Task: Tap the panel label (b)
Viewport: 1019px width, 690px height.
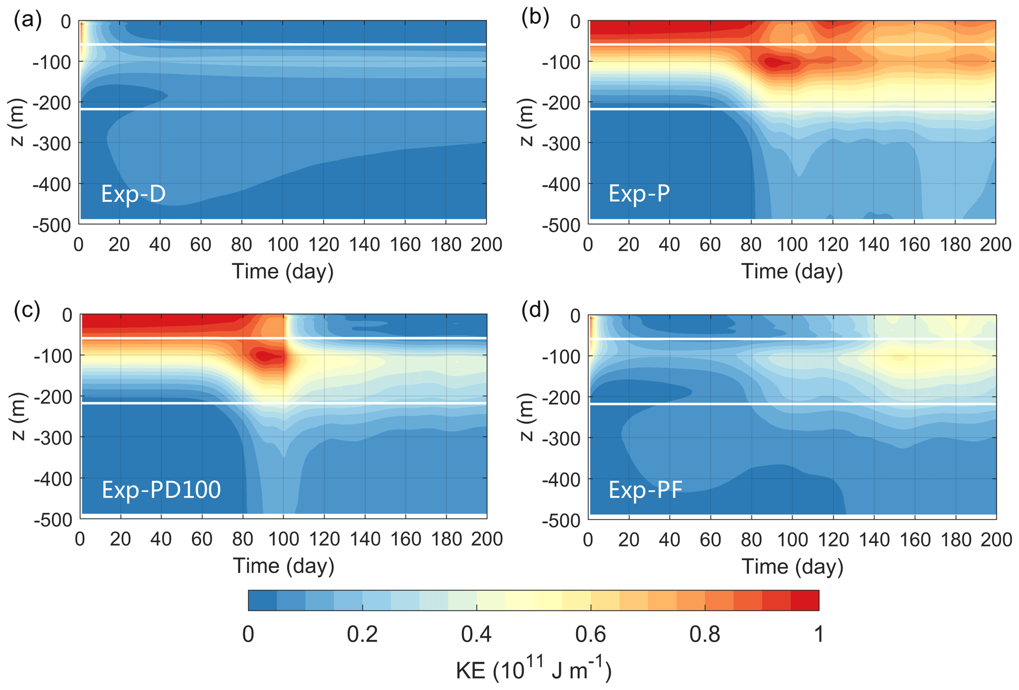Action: coord(535,18)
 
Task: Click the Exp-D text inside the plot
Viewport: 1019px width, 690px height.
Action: coord(133,194)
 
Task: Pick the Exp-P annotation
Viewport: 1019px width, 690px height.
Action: coord(639,193)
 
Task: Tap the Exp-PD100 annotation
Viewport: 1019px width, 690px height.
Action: coord(161,489)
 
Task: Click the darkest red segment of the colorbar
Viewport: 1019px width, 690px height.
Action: coord(805,600)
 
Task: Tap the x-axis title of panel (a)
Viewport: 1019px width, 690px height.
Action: coord(282,271)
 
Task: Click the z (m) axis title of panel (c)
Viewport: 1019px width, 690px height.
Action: coord(18,416)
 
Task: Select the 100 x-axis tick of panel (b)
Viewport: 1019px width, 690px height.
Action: coord(792,244)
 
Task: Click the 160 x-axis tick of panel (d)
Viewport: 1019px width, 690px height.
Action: coord(914,540)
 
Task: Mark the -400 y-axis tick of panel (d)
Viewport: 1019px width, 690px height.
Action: coord(561,479)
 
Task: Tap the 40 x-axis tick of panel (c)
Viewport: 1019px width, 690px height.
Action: coord(161,539)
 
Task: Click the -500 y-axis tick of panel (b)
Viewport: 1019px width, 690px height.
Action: coord(561,225)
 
